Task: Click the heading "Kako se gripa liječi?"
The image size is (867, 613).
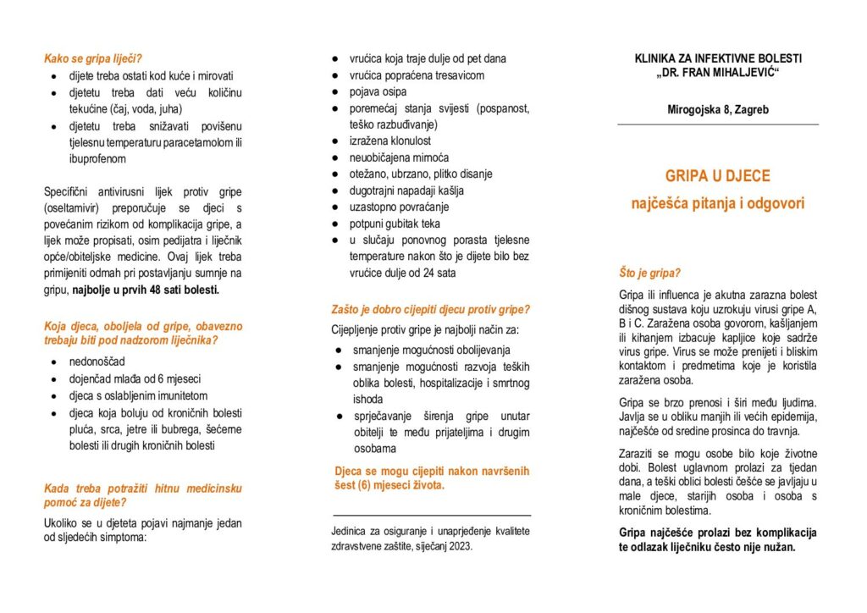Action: [93, 58]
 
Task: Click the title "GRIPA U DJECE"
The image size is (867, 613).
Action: [717, 176]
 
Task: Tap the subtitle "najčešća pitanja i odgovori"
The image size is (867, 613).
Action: [717, 203]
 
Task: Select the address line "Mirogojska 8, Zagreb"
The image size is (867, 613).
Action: [717, 110]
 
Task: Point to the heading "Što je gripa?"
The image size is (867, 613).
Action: [650, 273]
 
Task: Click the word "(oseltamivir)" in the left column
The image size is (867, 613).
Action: [75, 207]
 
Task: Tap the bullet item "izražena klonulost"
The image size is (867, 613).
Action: [390, 141]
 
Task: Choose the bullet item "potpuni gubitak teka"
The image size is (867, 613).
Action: [395, 224]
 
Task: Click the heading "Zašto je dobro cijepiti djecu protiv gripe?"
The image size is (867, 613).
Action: [431, 309]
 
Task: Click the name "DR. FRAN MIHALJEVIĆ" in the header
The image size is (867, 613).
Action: [717, 75]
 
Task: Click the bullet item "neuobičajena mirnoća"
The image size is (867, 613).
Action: [399, 157]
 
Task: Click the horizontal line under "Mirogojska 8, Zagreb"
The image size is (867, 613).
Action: [717, 124]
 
